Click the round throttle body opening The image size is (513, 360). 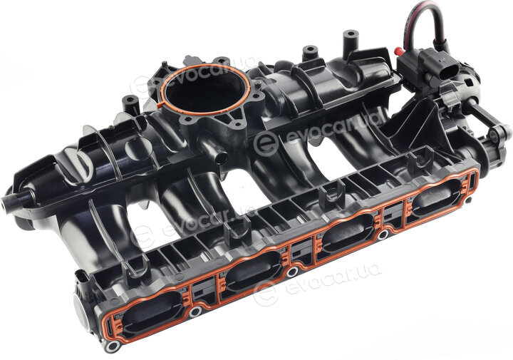point(206,89)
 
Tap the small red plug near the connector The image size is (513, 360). point(399,51)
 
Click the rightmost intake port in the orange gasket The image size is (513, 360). point(437,198)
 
